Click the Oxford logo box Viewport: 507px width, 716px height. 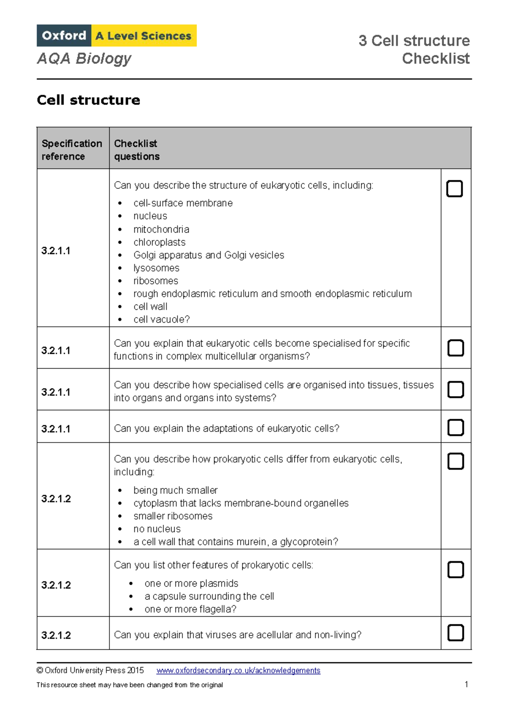tap(64, 35)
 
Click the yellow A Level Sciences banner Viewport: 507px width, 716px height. tap(144, 36)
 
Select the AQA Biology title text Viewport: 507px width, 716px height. tap(84, 58)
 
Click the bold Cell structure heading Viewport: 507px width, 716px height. tap(88, 100)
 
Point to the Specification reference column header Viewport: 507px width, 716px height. tap(72, 149)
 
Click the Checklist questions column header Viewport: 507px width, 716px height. tap(136, 149)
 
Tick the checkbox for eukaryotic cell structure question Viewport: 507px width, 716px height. tap(455, 189)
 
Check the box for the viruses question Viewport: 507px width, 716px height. tap(455, 633)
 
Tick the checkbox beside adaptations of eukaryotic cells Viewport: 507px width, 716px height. tap(455, 427)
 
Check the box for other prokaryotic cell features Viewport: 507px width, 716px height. tap(455, 570)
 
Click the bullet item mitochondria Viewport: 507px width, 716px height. tap(161, 229)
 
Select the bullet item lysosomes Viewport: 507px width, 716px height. tap(156, 268)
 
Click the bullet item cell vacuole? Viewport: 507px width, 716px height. tap(161, 320)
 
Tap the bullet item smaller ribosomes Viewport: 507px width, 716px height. tap(173, 516)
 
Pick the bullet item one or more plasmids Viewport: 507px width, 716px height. tap(191, 583)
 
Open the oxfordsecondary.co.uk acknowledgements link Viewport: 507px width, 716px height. tap(238, 670)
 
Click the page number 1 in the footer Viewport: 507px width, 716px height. tap(466, 684)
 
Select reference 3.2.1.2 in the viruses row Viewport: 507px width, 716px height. tap(56, 635)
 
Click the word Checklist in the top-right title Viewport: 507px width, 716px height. tap(436, 58)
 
